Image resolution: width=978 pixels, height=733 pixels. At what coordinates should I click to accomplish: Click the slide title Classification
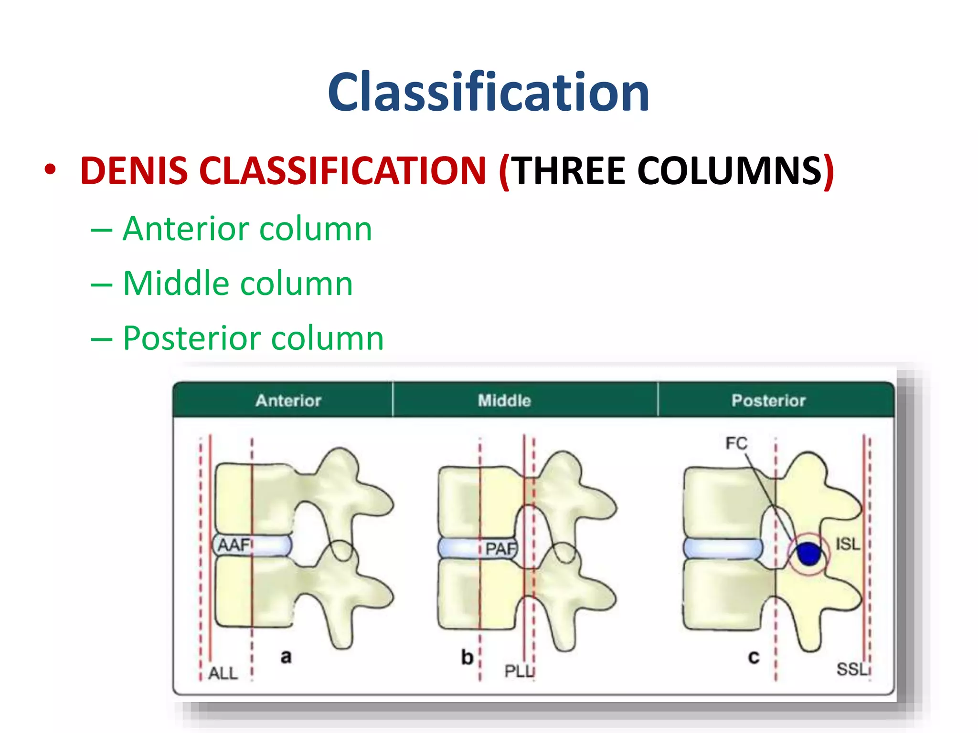(488, 92)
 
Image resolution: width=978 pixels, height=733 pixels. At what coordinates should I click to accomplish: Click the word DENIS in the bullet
(134, 171)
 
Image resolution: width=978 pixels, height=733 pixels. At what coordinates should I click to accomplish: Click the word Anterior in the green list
(186, 229)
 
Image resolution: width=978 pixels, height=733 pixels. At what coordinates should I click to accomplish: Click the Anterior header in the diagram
(288, 400)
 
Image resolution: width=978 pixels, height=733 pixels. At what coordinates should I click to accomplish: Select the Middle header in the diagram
(504, 400)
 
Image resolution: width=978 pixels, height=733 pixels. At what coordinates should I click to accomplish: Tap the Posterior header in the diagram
(768, 400)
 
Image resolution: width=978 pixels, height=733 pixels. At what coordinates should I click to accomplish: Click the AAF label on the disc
(234, 545)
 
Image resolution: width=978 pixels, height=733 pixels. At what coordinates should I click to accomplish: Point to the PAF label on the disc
(500, 548)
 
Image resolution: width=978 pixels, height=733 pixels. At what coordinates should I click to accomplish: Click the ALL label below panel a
(223, 673)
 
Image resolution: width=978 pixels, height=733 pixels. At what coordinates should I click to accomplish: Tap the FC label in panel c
(736, 443)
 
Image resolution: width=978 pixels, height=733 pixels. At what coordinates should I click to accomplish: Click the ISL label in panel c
(848, 544)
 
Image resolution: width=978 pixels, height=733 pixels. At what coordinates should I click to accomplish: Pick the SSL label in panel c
(852, 669)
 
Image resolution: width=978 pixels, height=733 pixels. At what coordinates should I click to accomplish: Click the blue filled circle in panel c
(809, 554)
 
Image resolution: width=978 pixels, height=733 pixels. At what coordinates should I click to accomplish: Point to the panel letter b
(467, 657)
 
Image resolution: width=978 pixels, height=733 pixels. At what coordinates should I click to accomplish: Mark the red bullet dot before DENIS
(50, 169)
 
